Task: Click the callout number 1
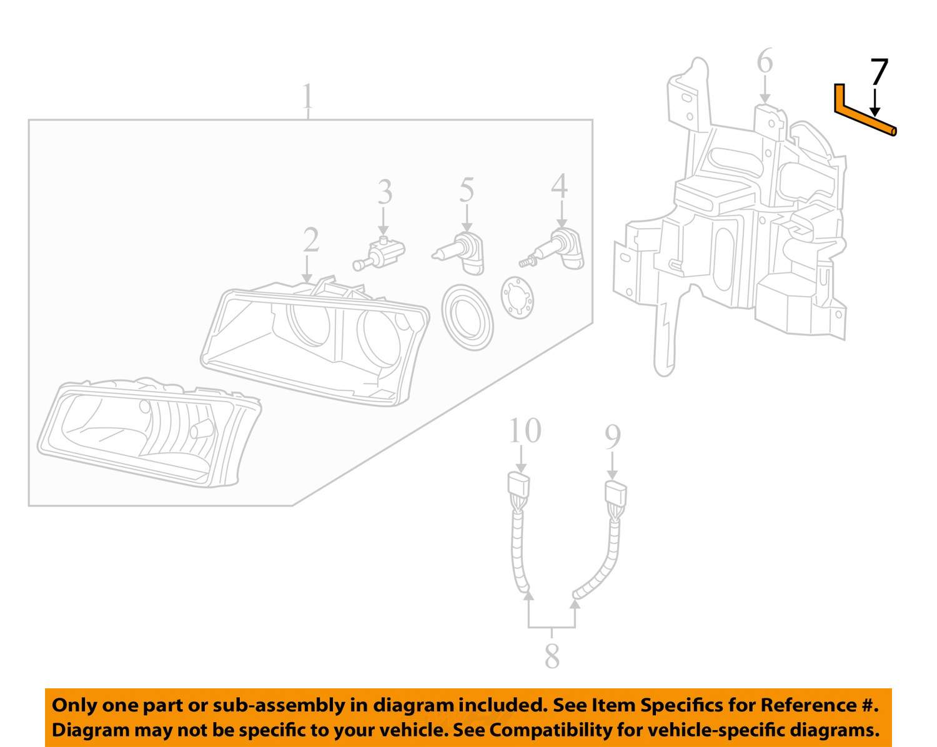(307, 96)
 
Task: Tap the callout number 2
(311, 240)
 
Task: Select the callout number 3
(384, 192)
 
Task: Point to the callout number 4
(560, 186)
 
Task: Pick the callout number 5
(467, 190)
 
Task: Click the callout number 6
(765, 61)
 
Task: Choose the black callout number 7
(879, 72)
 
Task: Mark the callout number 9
(613, 437)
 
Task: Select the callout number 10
(525, 430)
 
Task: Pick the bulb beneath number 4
(553, 250)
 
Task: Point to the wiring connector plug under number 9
(616, 494)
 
